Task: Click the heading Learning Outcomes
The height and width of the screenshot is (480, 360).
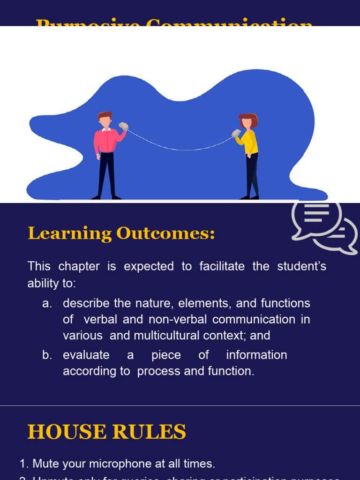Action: [121, 233]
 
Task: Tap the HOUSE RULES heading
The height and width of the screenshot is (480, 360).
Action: [107, 432]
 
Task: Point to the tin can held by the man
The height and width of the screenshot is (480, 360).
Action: [123, 126]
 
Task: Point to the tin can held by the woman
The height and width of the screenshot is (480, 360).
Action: [236, 133]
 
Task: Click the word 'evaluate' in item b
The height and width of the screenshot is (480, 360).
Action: [86, 355]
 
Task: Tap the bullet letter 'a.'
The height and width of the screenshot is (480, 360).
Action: [47, 303]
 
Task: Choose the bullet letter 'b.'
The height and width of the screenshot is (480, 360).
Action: [47, 355]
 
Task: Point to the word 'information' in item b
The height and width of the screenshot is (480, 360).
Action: [256, 355]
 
